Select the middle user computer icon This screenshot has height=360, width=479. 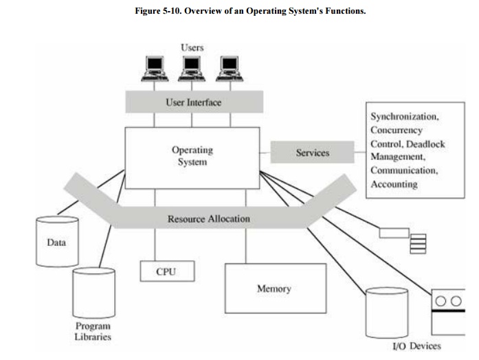click(x=192, y=68)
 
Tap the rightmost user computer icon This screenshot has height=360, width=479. click(x=230, y=68)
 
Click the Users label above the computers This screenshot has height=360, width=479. click(x=192, y=47)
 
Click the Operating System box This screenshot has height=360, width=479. click(x=192, y=157)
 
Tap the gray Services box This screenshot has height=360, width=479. click(x=312, y=153)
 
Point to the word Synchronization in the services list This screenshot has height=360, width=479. click(x=403, y=116)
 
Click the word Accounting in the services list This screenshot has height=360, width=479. click(x=394, y=184)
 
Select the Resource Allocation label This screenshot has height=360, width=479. click(x=209, y=219)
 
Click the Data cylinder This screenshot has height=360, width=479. click(x=56, y=241)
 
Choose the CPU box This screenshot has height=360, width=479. click(x=166, y=271)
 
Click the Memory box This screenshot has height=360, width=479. click(x=274, y=289)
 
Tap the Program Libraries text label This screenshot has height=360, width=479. click(x=92, y=331)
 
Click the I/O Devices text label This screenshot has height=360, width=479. click(x=416, y=346)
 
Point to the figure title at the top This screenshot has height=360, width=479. click(x=250, y=12)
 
